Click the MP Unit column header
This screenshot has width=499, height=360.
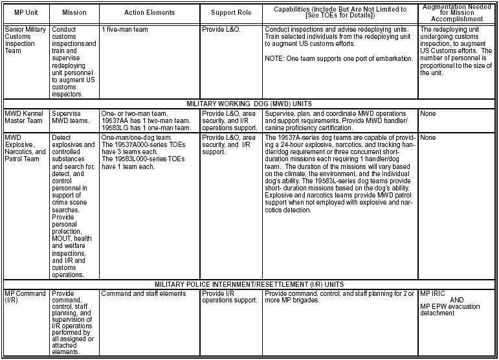(25, 13)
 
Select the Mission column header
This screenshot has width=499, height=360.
(74, 13)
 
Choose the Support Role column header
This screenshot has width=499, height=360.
(231, 13)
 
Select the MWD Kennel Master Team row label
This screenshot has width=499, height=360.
(25, 117)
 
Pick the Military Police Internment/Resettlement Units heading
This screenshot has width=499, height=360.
(249, 284)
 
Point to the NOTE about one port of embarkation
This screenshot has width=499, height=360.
(337, 58)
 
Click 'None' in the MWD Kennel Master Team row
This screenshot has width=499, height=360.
(428, 113)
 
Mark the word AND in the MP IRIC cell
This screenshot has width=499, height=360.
(458, 300)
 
